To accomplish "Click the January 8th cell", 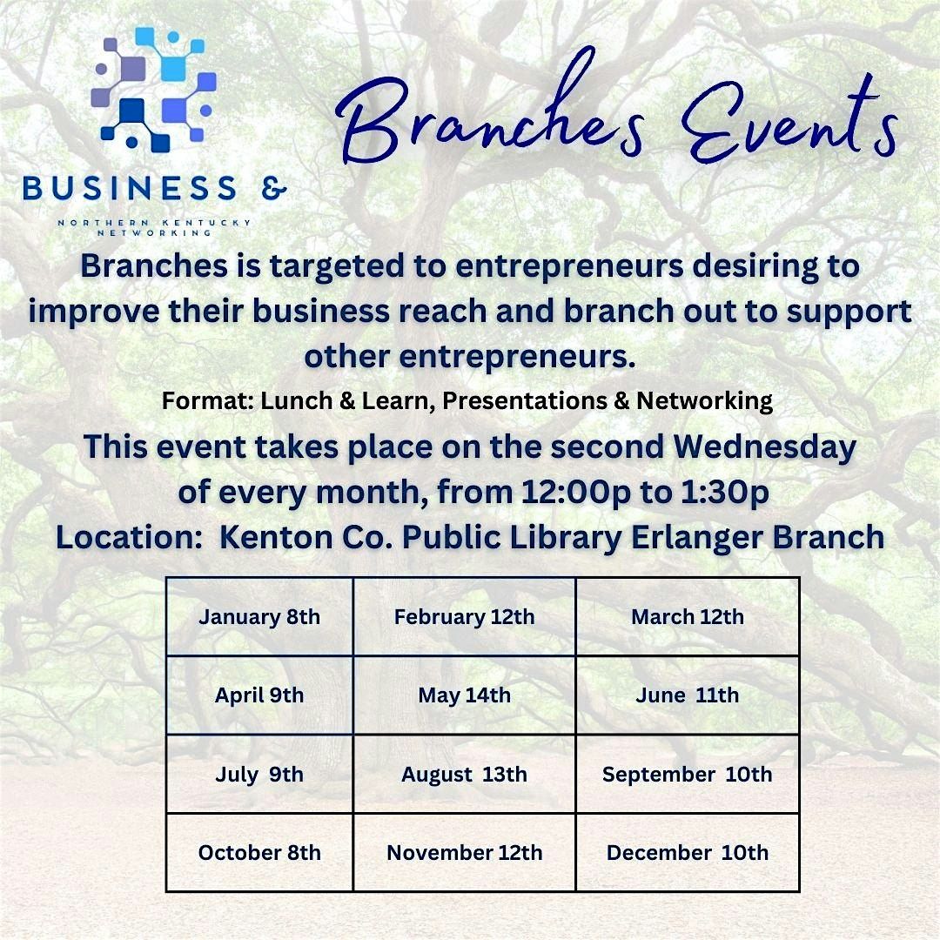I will coord(259,617).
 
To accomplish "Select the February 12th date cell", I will coord(464,617).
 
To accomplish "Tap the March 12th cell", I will coord(688,617).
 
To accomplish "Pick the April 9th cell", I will coord(259,695).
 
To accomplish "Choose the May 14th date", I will coord(464,695).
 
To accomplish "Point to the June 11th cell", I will coord(688,695).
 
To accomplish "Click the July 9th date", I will coord(259,774).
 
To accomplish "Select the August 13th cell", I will coord(464,774).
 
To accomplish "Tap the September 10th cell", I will coord(688,774).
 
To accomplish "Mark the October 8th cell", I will coord(259,852).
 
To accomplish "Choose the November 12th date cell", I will coord(464,852).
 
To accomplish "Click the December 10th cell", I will coord(688,852).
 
